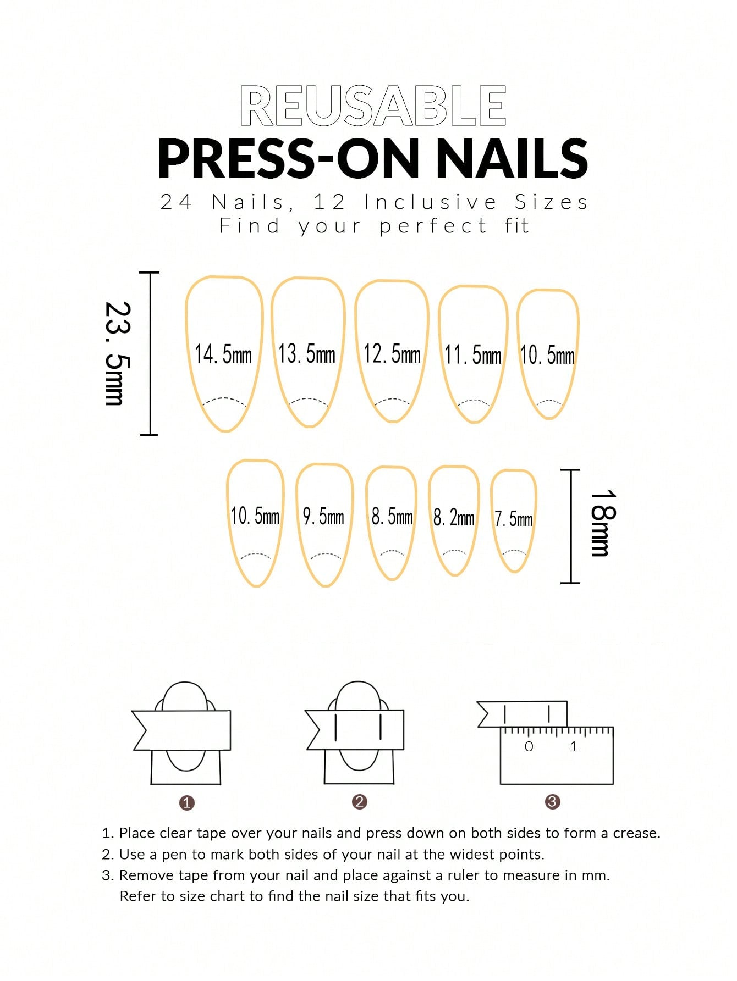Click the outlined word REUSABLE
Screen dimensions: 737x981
pos(373,106)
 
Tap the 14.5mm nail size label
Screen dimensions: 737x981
pos(223,354)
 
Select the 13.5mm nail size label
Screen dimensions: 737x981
pos(307,353)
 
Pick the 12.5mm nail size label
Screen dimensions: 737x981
pos(392,354)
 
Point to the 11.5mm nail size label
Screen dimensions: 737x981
pos(473,355)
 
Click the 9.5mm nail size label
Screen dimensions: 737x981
pos(323,517)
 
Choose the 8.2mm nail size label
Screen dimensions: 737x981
pos(454,517)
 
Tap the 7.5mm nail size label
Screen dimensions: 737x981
pos(514,519)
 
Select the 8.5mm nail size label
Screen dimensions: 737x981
pos(392,517)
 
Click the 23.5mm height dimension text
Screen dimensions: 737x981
pos(118,353)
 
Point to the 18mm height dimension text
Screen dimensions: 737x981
pos(603,523)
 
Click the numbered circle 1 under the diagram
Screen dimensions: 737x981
pos(187,803)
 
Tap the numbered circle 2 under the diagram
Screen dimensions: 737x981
pos(360,802)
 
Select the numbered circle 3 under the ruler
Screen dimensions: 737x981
pos(552,802)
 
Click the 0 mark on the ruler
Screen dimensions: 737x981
pos(529,746)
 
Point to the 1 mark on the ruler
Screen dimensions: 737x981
pos(574,746)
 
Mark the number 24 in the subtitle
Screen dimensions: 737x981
pos(176,202)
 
